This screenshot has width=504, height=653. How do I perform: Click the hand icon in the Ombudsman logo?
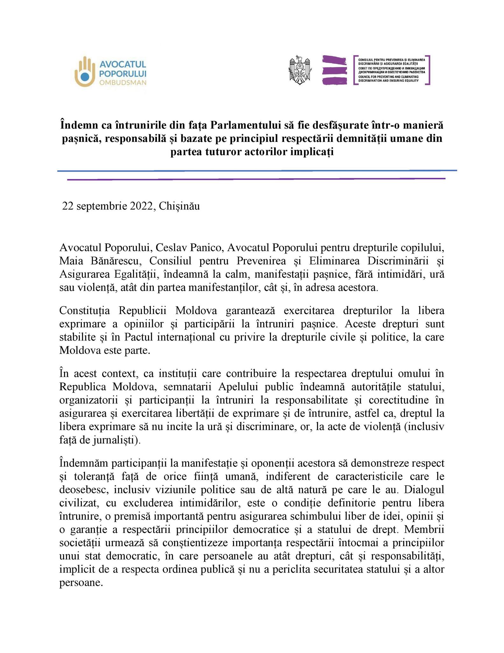(85, 72)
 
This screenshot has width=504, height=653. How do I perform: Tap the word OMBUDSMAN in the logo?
(123, 83)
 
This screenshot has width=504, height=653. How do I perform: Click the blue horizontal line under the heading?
(257, 171)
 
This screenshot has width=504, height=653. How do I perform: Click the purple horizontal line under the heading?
(256, 179)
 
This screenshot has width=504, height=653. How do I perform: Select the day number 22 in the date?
(68, 206)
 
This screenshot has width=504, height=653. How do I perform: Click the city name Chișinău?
(179, 206)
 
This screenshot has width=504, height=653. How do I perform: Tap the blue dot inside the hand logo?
(85, 76)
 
